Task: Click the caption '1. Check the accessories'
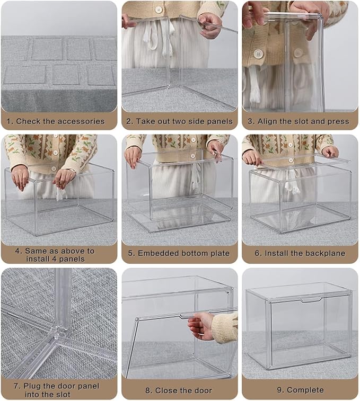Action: pyautogui.click(x=55, y=121)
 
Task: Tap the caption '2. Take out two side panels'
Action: pyautogui.click(x=179, y=121)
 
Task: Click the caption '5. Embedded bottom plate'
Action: pyautogui.click(x=179, y=253)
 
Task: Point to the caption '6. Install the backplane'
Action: pyautogui.click(x=300, y=253)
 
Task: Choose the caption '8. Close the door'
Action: pyautogui.click(x=179, y=390)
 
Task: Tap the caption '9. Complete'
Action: pyautogui.click(x=300, y=390)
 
